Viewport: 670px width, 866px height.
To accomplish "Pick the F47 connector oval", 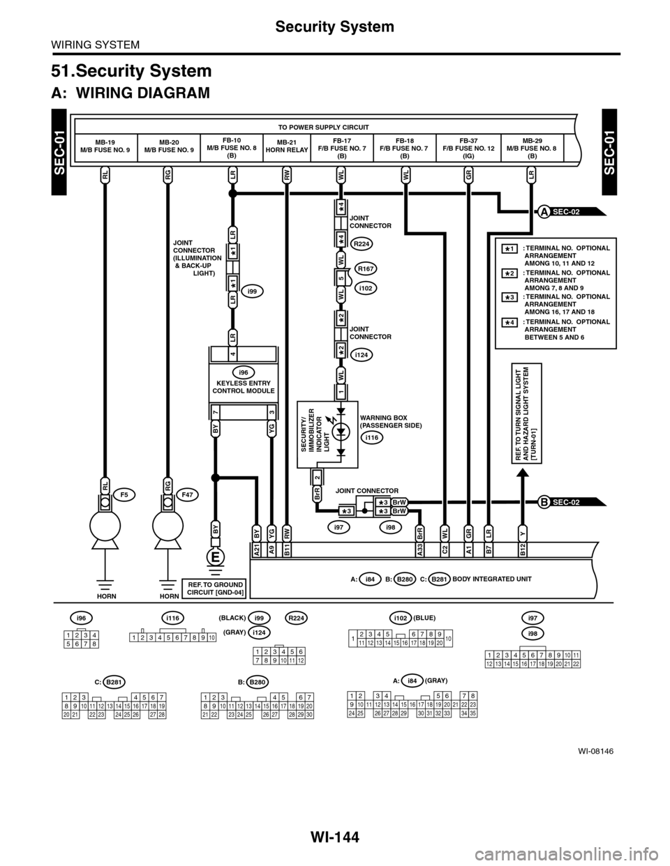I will point(188,494).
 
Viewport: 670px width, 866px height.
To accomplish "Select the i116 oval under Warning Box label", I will point(372,437).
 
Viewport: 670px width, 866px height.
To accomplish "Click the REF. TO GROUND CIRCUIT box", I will point(214,588).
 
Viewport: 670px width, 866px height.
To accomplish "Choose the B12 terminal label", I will point(523,550).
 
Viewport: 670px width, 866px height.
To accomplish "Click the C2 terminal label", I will point(444,550).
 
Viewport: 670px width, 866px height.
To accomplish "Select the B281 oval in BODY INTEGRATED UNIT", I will point(439,578).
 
